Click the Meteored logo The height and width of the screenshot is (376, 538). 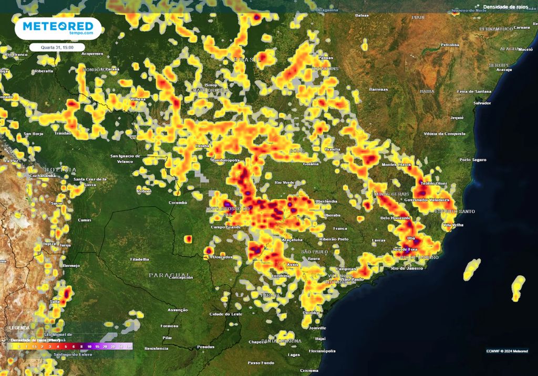[x=58, y=28]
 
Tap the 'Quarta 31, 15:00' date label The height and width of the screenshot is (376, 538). [x=57, y=47]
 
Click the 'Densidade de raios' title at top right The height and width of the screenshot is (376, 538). [x=505, y=7]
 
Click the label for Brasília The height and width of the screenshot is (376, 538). [x=333, y=149]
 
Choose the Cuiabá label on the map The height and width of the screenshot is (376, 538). [x=202, y=145]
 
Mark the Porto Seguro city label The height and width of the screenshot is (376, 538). [x=472, y=159]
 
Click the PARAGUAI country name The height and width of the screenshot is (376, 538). [x=170, y=275]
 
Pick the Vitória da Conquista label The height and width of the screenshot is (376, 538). [x=444, y=134]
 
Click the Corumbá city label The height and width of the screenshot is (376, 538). [x=178, y=202]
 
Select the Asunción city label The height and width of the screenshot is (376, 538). [x=177, y=310]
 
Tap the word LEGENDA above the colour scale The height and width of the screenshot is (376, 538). [x=19, y=328]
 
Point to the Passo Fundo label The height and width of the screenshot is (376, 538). [x=261, y=362]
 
